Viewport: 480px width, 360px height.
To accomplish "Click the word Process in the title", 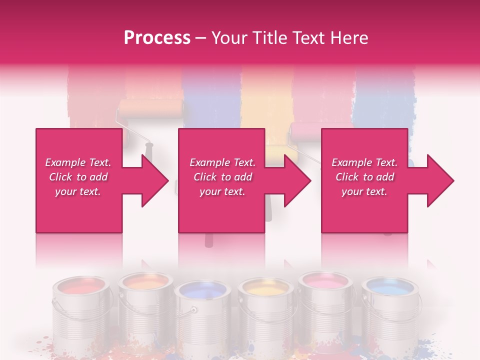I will pyautogui.click(x=157, y=38).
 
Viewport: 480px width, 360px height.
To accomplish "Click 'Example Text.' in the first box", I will pyautogui.click(x=78, y=162).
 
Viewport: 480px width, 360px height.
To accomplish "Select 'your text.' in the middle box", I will pyautogui.click(x=222, y=191).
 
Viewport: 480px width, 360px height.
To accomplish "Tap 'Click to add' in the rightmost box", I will pyautogui.click(x=364, y=177).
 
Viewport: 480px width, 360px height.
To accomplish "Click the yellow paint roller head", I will pyautogui.click(x=281, y=150).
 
